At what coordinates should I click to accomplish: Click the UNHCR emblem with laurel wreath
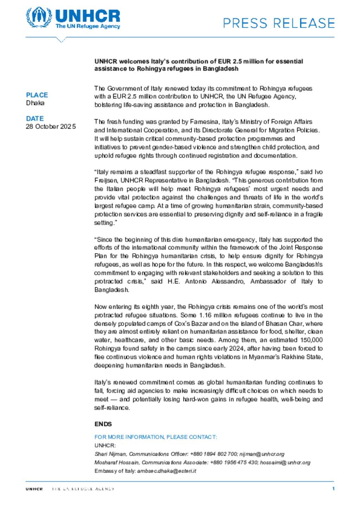(39, 17)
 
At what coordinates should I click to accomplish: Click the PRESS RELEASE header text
(279, 23)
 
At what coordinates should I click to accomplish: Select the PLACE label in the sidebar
(37, 95)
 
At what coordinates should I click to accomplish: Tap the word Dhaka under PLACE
(35, 103)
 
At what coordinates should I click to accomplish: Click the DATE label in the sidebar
(35, 118)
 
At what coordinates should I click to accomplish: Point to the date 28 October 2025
(51, 126)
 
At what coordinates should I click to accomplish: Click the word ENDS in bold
(103, 424)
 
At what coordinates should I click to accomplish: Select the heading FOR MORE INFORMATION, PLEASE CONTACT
(155, 437)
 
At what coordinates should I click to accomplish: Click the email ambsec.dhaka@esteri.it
(167, 471)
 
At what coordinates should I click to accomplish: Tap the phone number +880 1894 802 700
(213, 454)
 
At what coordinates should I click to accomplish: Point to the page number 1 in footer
(333, 488)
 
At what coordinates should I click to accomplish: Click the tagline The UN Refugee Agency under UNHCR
(88, 26)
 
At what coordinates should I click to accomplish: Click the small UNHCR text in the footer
(34, 489)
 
